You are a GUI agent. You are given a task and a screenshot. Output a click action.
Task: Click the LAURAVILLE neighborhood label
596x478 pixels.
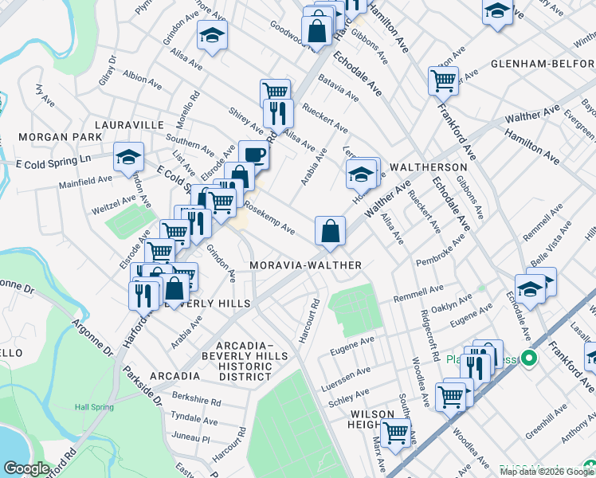(x=129, y=125)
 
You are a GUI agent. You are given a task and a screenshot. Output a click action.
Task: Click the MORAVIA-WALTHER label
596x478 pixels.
(x=306, y=264)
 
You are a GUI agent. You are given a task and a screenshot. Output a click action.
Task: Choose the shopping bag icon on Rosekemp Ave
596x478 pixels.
(x=330, y=231)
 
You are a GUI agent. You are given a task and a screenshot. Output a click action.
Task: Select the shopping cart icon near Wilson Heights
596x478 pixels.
(x=395, y=433)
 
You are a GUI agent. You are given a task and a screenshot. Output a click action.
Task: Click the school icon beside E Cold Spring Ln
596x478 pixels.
(x=127, y=157)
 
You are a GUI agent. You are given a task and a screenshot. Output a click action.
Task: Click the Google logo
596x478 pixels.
(x=26, y=468)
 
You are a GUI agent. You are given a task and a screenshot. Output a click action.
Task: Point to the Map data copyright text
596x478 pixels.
(x=546, y=472)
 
